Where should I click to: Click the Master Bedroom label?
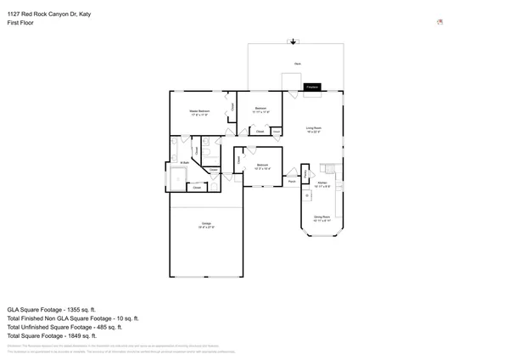tap(199, 111)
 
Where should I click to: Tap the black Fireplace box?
tap(311, 87)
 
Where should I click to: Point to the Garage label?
tap(206, 225)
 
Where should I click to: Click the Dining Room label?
tap(322, 219)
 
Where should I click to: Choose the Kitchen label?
tap(322, 184)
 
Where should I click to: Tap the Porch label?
tap(291, 181)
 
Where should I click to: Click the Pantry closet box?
tap(305, 173)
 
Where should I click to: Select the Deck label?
tap(297, 64)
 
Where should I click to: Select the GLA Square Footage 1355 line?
tap(52, 310)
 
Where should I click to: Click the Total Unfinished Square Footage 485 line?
tap(64, 327)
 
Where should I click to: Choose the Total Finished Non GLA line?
tap(72, 318)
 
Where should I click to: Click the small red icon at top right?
tap(439, 23)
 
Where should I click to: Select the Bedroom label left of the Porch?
tap(262, 165)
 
